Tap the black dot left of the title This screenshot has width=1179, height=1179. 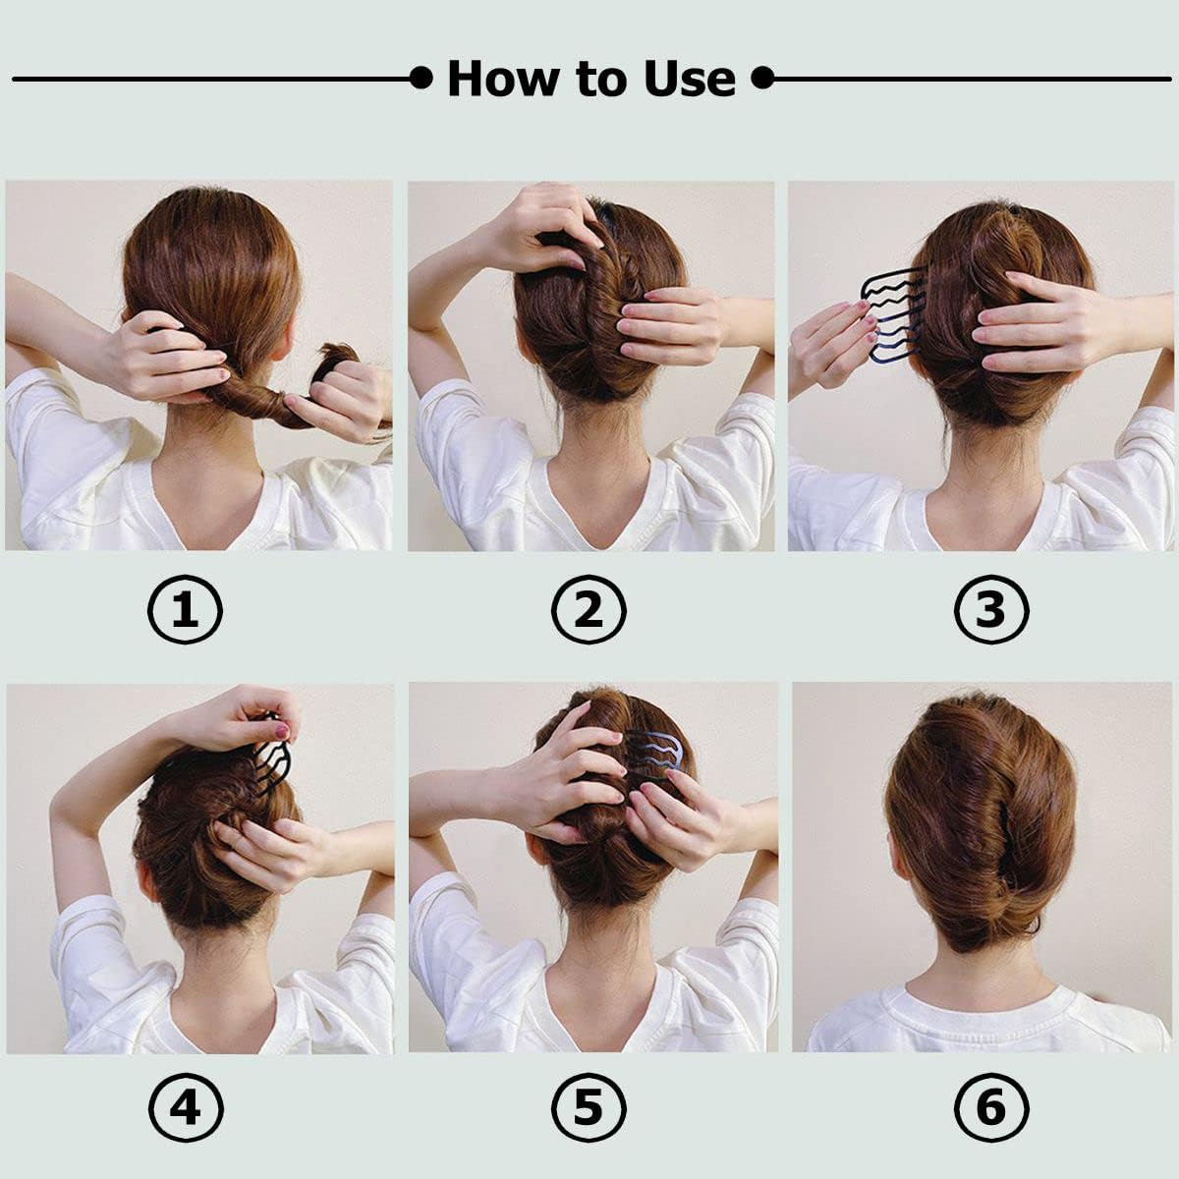click(421, 78)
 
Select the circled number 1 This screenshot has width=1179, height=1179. click(186, 609)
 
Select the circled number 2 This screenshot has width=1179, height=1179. click(589, 609)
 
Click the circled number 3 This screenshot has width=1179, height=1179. click(991, 609)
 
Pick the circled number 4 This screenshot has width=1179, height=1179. click(186, 1108)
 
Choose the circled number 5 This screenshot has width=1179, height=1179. click(589, 1108)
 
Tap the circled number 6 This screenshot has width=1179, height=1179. click(991, 1108)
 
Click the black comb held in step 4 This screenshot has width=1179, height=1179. click(271, 752)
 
